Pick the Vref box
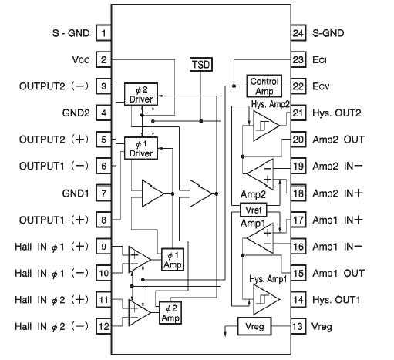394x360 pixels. pyautogui.click(x=252, y=210)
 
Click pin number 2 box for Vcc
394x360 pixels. pyautogui.click(x=103, y=59)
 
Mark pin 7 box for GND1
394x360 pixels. pyautogui.click(x=103, y=192)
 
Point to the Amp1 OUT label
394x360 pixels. pyautogui.click(x=338, y=273)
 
